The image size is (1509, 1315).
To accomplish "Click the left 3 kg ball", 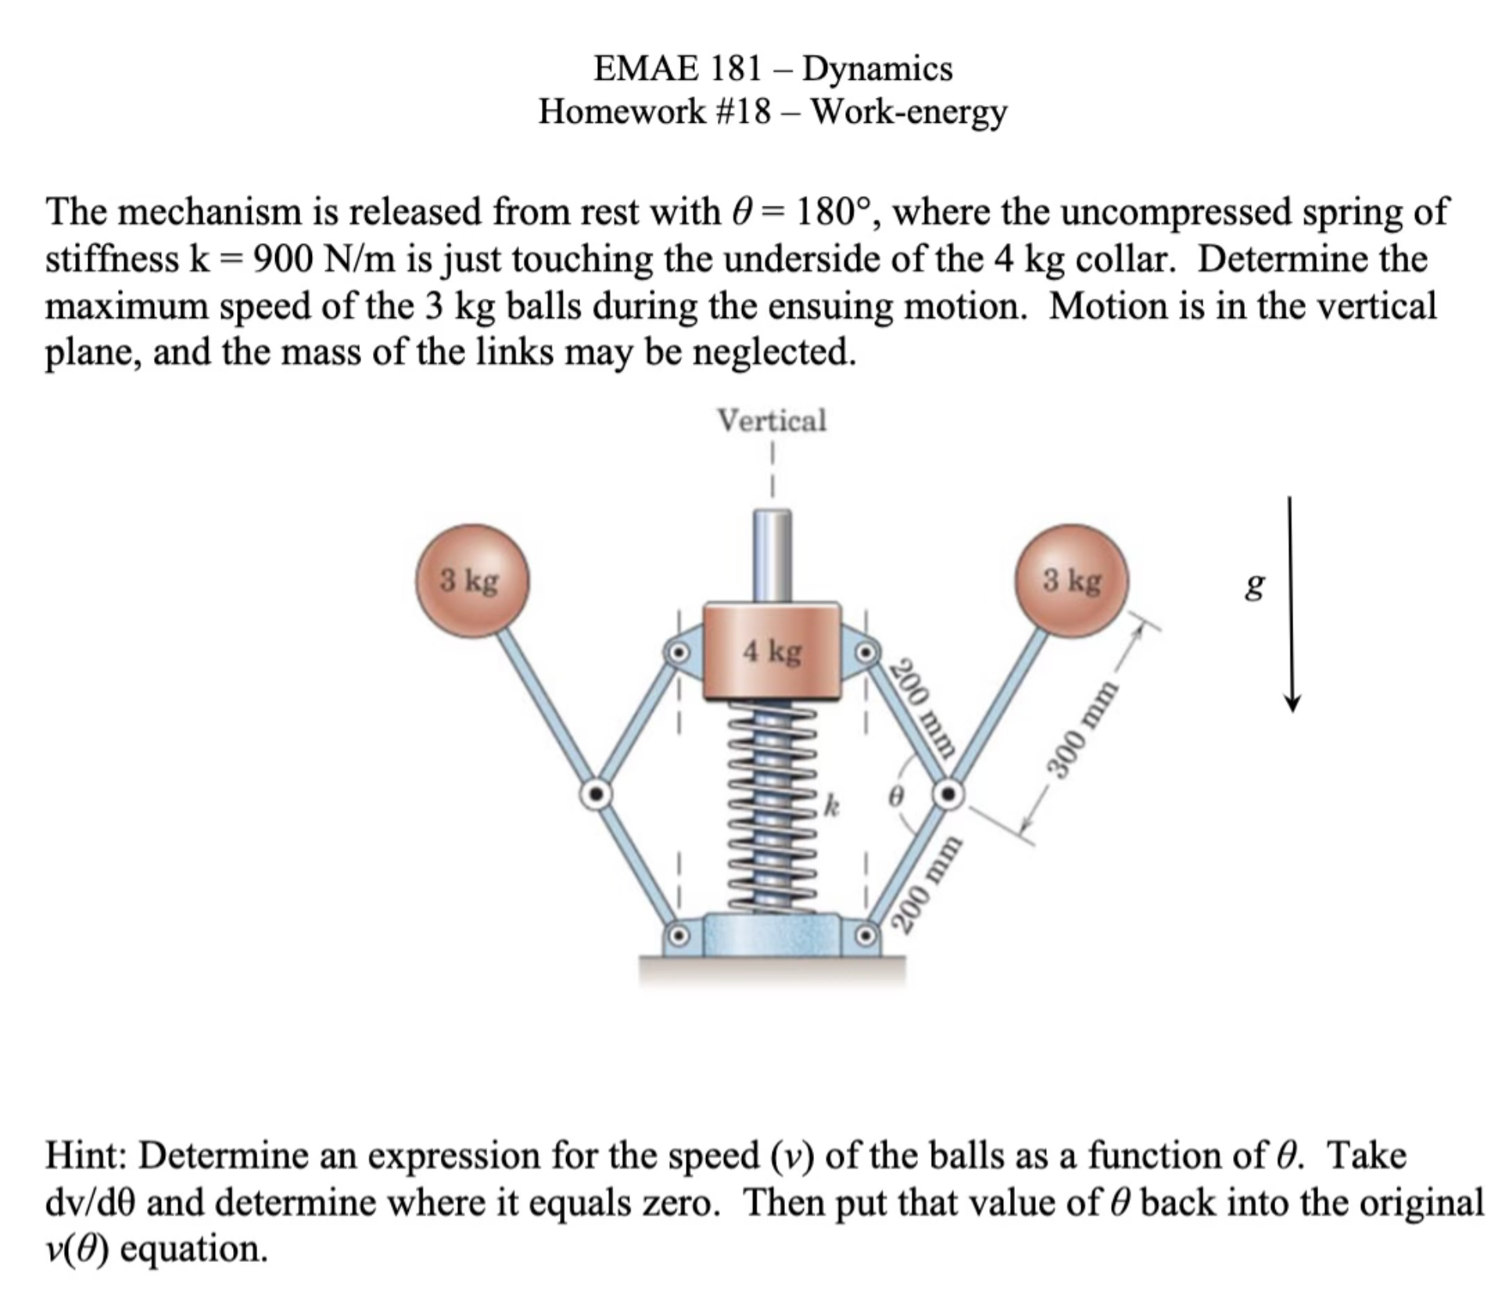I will pyautogui.click(x=472, y=582).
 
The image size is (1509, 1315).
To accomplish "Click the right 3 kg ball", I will pyautogui.click(x=1072, y=582).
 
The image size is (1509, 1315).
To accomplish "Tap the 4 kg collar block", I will pyautogui.click(x=772, y=650).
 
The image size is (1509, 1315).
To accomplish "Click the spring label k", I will pyautogui.click(x=833, y=806).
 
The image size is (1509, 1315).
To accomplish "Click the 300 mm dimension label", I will pyautogui.click(x=1084, y=729).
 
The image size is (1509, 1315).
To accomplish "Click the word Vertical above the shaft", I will pyautogui.click(x=772, y=421).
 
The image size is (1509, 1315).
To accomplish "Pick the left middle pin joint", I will pyautogui.click(x=596, y=794).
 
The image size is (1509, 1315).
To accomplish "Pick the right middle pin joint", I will pyautogui.click(x=948, y=794).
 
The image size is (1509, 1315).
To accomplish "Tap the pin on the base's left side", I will pyautogui.click(x=678, y=934).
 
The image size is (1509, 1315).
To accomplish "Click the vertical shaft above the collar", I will pyautogui.click(x=772, y=555).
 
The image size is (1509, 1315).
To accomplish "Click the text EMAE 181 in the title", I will pyautogui.click(x=677, y=69).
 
